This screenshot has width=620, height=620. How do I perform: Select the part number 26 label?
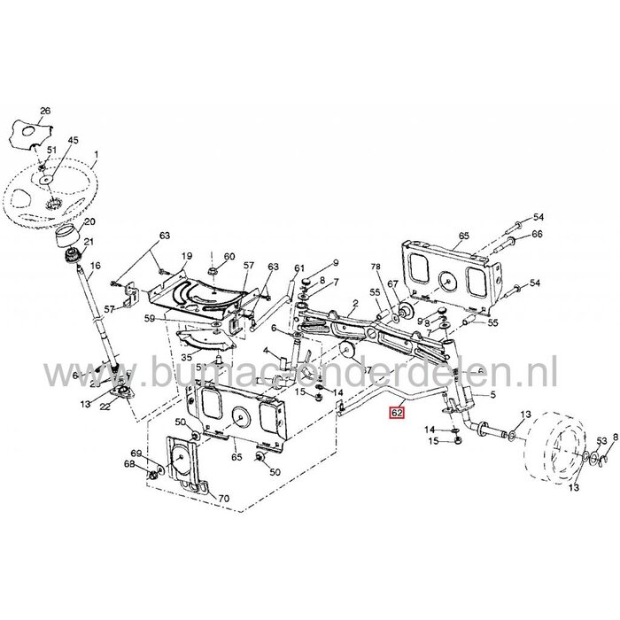pos(45,111)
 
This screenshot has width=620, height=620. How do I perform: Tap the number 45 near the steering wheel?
pos(74,139)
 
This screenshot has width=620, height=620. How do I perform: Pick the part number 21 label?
pos(89,243)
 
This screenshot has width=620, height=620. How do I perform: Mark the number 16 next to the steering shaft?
pos(96,265)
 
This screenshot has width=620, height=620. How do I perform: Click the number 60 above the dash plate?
pos(229,257)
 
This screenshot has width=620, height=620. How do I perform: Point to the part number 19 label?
pos(187,256)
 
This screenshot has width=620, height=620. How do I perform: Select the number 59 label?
pos(150,319)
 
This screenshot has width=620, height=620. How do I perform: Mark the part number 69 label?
pos(136,453)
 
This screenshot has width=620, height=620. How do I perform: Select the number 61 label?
pos(299,268)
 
